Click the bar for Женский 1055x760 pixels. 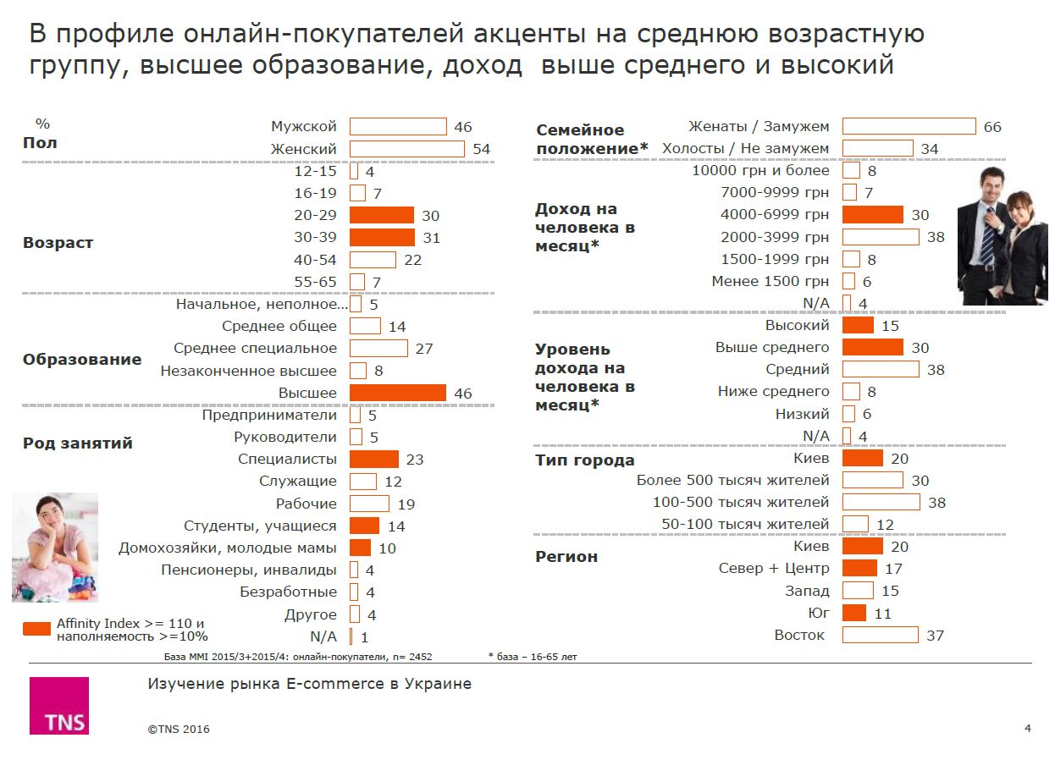click(407, 149)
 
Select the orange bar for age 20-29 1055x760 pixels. click(382, 215)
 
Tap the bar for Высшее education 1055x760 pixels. click(398, 393)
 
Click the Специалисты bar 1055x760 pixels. click(374, 459)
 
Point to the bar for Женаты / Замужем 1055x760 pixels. click(909, 126)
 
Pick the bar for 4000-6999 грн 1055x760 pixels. click(873, 215)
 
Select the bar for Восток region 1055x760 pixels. click(881, 635)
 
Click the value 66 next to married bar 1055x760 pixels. click(992, 127)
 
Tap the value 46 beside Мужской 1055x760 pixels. click(462, 127)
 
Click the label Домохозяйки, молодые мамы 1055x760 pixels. click(228, 548)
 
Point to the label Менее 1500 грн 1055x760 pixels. click(771, 281)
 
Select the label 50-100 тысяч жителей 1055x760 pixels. click(745, 524)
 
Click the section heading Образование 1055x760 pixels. click(82, 360)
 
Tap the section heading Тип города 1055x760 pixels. click(584, 460)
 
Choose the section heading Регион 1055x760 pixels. click(566, 557)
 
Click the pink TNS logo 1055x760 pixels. click(58, 706)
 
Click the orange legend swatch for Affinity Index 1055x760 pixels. click(36, 629)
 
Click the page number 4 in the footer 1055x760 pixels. click(1028, 729)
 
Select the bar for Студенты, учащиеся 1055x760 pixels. click(364, 526)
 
